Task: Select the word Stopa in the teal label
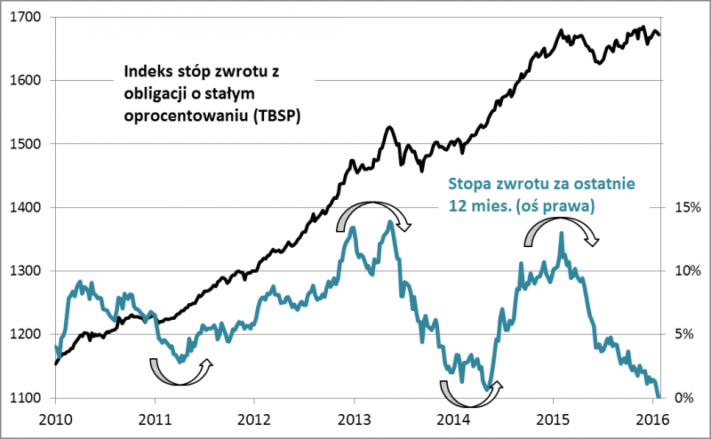pos(468,184)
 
